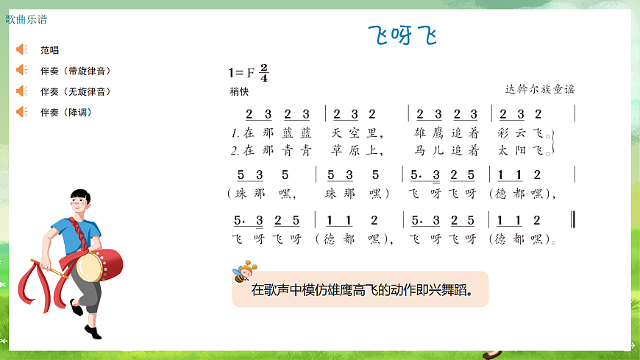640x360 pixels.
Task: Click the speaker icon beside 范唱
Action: [21, 50]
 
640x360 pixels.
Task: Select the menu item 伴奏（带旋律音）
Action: [76, 71]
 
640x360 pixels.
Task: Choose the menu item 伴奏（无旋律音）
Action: [76, 91]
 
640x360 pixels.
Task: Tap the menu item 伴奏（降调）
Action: [66, 112]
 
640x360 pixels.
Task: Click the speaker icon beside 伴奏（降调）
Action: [21, 112]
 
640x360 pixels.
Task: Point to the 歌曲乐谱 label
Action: [26, 19]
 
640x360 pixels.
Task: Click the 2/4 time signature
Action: [264, 72]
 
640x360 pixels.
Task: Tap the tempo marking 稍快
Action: [239, 92]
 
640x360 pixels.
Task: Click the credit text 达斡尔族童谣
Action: [539, 89]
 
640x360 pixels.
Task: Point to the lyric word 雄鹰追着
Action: [447, 133]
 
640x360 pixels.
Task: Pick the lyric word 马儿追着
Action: [447, 151]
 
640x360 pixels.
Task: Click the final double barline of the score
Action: [573, 220]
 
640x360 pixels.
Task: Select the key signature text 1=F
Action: [241, 72]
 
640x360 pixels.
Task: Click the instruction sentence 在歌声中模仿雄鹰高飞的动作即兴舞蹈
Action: [360, 289]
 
